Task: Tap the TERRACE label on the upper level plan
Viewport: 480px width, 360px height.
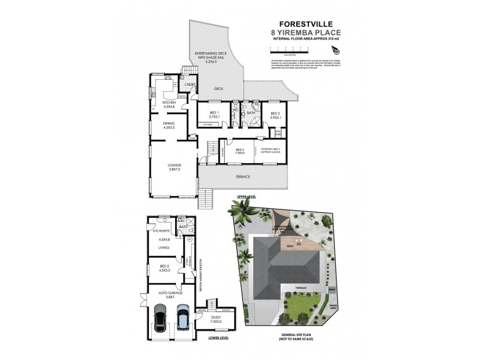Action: [242, 176]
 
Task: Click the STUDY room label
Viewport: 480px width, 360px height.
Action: [216, 319]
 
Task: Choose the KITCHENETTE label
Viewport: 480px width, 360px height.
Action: [163, 230]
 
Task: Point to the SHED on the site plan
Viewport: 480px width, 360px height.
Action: [333, 289]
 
